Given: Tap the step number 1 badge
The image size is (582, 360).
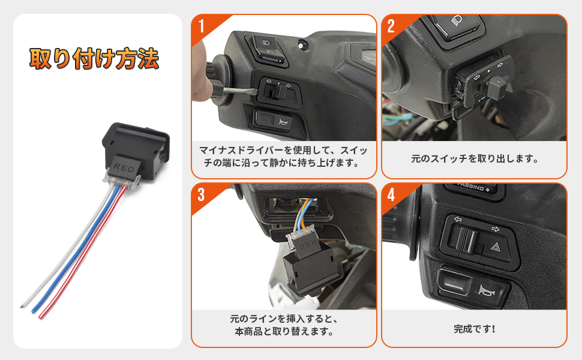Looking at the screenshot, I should (x=201, y=26).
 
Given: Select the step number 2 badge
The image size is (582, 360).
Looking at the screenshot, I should (x=391, y=26).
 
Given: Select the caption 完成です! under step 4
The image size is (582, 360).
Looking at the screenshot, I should (x=474, y=329).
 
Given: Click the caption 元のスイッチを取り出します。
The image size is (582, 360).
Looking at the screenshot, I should (x=474, y=160).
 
